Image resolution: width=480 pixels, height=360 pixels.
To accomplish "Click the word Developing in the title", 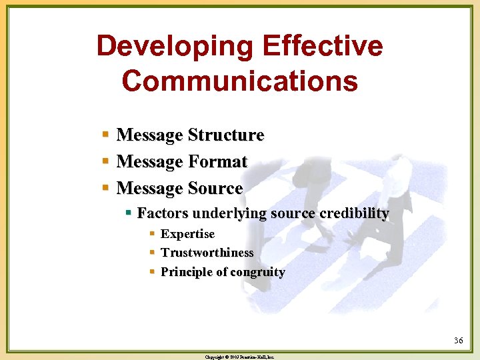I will (175, 47).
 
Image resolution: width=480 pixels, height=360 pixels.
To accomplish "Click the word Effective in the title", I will (323, 47).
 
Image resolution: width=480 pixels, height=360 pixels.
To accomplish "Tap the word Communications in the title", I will (240, 81).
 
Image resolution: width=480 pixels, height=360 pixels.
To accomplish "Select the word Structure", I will (226, 135).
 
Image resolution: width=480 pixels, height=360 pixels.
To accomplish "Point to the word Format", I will (217, 162).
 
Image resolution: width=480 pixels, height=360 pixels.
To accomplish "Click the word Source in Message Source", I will (215, 189).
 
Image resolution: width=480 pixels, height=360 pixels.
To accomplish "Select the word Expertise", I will (187, 234).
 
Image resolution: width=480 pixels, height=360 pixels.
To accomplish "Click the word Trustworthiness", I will (207, 253).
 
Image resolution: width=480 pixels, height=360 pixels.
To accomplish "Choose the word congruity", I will (256, 273).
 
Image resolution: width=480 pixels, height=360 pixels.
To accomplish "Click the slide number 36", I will (458, 341).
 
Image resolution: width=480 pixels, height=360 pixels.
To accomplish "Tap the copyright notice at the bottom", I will (240, 357).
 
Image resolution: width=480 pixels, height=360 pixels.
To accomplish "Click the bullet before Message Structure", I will (106, 135).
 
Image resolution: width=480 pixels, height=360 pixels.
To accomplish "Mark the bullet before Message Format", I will (106, 162).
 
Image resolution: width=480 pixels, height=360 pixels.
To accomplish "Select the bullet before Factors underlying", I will (128, 213).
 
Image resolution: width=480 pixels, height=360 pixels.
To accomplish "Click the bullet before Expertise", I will (152, 234).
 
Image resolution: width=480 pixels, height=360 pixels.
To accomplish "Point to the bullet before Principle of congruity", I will (152, 272).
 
